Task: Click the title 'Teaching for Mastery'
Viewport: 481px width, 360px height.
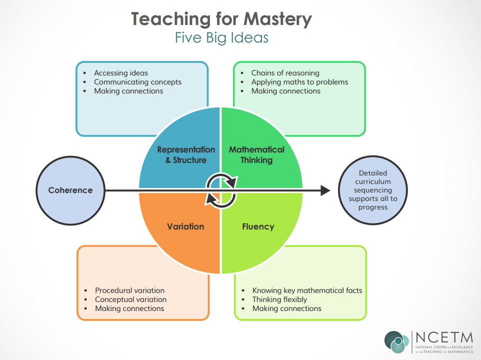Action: [221, 19]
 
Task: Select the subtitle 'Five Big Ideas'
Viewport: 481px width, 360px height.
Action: [221, 38]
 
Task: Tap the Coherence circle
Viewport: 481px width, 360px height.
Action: [70, 190]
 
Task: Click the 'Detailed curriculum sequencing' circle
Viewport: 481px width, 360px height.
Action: [372, 190]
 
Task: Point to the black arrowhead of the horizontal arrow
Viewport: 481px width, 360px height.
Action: [325, 190]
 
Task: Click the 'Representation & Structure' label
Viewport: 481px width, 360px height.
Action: [185, 154]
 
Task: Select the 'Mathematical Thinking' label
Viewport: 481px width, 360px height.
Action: [256, 154]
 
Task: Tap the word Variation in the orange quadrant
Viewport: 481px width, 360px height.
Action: [185, 226]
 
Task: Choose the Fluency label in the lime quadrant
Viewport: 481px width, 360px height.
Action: [258, 226]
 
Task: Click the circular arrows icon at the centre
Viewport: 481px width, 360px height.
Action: [221, 190]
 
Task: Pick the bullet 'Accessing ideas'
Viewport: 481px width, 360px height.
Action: [121, 73]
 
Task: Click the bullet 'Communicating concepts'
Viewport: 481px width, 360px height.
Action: [137, 82]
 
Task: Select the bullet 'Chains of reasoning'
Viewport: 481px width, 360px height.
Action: [285, 73]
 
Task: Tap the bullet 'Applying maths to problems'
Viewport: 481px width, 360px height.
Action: [299, 82]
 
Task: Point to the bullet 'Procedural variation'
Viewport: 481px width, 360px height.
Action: [129, 290]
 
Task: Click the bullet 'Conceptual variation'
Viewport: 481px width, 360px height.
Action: [131, 299]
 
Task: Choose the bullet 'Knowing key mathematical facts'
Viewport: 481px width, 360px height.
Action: [307, 290]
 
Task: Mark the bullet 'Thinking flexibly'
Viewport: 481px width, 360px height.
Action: [279, 299]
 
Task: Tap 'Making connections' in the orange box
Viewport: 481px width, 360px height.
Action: [129, 308]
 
